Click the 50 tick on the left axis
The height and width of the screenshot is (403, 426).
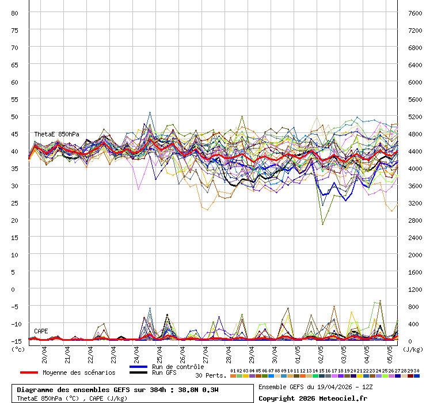point(15,116)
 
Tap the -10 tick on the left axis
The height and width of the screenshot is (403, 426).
point(15,324)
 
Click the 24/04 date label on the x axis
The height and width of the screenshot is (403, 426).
point(137,352)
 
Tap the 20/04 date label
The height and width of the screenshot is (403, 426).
point(45,352)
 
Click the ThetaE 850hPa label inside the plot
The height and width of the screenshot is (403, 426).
point(56,134)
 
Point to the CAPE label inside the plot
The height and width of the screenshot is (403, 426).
point(41,331)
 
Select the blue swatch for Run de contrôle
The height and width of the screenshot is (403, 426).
point(138,367)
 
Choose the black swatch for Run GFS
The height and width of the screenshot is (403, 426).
point(138,373)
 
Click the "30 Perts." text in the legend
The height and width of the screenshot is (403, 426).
point(211,375)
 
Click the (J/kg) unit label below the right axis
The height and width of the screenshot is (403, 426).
point(413,349)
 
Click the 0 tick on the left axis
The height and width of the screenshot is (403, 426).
point(15,289)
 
